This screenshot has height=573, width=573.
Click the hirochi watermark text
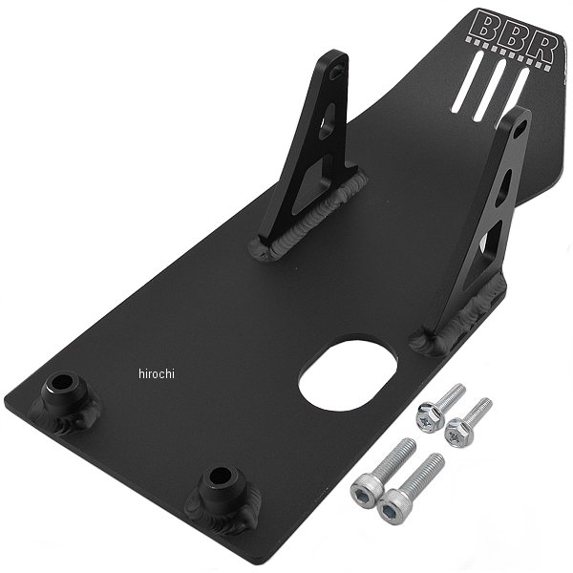click(x=157, y=373)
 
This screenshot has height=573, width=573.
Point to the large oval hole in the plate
click(x=348, y=372)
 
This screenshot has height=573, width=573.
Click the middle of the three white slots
click(x=490, y=91)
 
